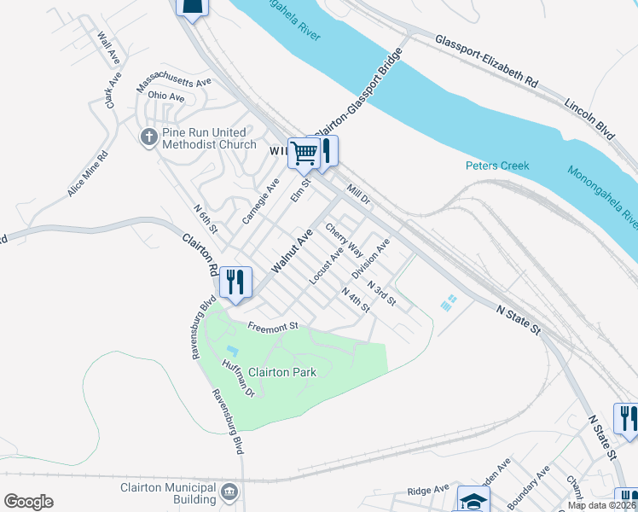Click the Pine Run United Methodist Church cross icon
coord(148,137)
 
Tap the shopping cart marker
coord(304,154)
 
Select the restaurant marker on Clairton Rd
coord(234,282)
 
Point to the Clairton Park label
coord(282,372)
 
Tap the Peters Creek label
coord(497,166)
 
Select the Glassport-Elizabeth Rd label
coord(486,62)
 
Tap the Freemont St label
coord(272,325)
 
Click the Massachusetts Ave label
coord(174,83)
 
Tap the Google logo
coord(28,502)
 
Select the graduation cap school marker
coord(473,500)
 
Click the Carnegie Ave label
coord(260,201)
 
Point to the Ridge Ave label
coord(428,490)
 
